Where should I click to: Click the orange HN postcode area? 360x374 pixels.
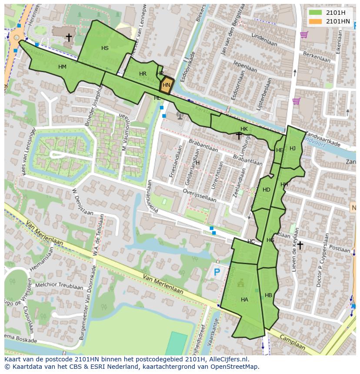(166, 86)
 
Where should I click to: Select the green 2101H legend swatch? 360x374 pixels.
(315, 12)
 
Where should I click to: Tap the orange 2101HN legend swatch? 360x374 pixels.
(315, 21)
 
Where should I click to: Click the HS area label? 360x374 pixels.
(105, 48)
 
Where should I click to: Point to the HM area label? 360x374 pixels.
(62, 67)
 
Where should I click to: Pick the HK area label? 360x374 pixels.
(244, 129)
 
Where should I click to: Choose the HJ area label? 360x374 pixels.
(293, 149)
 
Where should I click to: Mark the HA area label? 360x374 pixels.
(244, 300)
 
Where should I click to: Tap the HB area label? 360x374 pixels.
(268, 295)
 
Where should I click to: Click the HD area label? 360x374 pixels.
(266, 190)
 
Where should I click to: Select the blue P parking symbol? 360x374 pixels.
(217, 272)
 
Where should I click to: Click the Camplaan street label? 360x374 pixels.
(292, 342)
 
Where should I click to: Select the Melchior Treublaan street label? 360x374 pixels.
(60, 287)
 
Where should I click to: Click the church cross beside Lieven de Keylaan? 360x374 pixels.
(300, 245)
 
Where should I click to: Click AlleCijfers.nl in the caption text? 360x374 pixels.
(228, 359)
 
